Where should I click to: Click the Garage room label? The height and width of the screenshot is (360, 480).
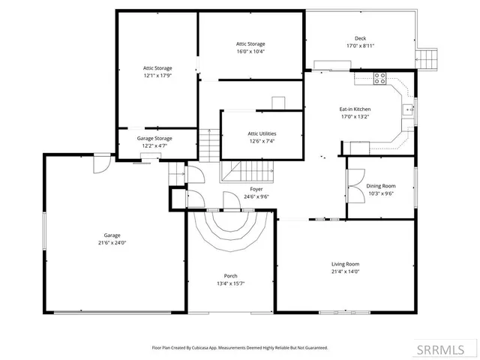click(112, 235)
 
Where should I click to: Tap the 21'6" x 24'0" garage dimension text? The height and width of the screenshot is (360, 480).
click(112, 242)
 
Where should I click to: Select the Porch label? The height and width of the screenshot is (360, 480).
click(230, 276)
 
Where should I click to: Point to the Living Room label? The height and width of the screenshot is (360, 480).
click(346, 264)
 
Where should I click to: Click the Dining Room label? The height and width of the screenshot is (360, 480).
click(380, 186)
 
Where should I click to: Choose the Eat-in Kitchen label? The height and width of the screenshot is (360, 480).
click(355, 109)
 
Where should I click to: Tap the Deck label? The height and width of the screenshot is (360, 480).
click(360, 38)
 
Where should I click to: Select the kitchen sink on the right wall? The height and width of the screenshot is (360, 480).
click(409, 109)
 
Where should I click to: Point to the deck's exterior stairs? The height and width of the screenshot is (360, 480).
click(427, 58)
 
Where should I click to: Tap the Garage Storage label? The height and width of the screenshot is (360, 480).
click(154, 138)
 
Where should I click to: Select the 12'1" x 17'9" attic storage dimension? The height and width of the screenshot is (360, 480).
click(158, 75)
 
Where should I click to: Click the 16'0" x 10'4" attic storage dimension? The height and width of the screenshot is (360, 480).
click(250, 52)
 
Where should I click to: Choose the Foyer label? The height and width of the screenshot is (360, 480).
click(256, 189)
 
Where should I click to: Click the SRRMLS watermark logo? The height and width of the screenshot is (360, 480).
click(447, 349)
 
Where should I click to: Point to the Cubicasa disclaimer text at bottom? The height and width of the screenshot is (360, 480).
click(240, 347)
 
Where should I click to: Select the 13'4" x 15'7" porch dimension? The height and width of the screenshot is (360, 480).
click(230, 283)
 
